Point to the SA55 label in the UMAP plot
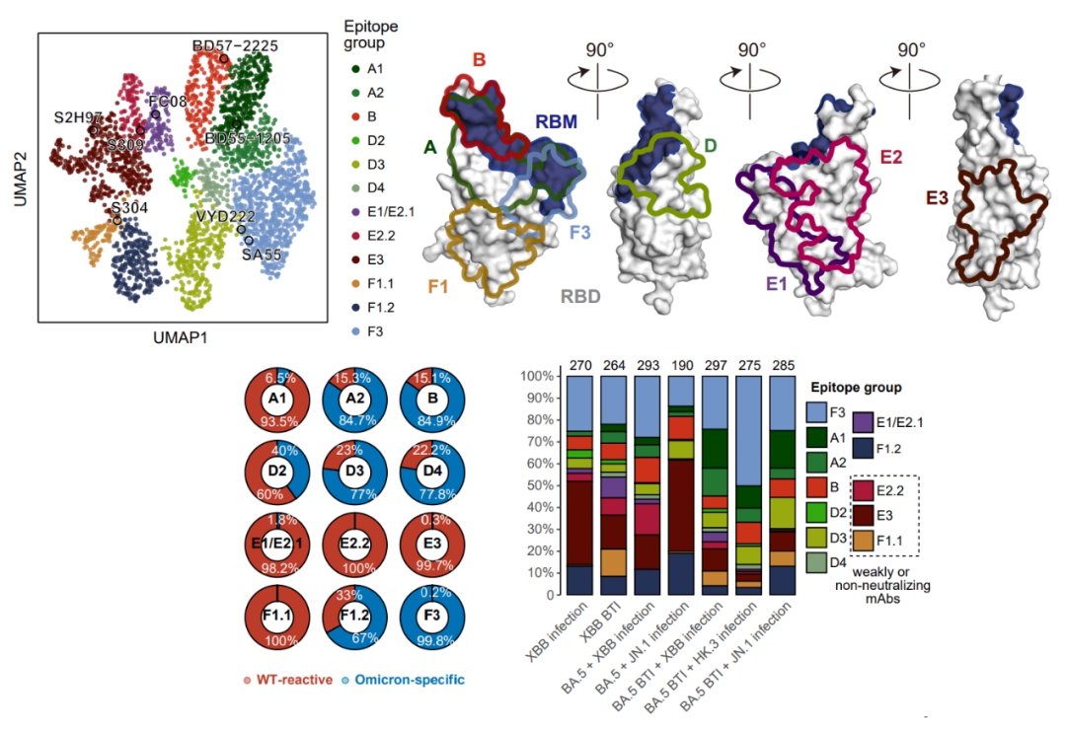(x=261, y=254)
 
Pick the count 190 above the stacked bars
(x=680, y=368)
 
